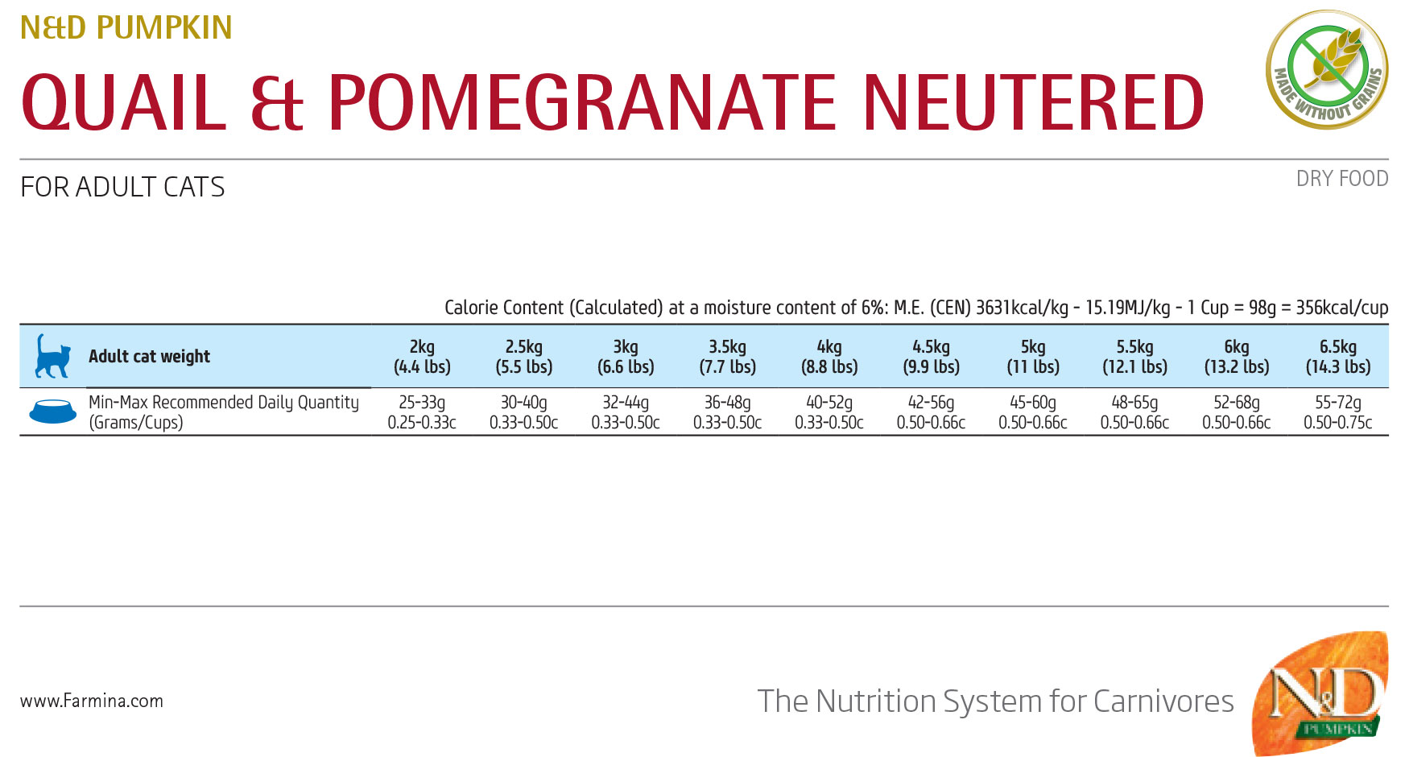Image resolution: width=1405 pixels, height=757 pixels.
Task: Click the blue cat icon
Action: click(53, 356)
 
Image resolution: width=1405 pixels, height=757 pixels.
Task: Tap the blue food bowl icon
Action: click(52, 412)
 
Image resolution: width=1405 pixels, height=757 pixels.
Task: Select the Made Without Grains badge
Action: click(1327, 69)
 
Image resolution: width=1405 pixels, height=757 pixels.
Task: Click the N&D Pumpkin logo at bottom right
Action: click(1320, 693)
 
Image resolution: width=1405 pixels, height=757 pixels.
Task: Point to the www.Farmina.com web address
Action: click(92, 701)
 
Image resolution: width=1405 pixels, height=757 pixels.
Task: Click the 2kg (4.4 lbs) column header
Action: click(422, 357)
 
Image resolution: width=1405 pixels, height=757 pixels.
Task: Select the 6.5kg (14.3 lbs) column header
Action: click(1338, 357)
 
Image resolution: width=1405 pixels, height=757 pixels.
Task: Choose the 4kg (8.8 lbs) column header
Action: click(829, 357)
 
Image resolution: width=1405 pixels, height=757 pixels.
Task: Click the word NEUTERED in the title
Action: click(1033, 102)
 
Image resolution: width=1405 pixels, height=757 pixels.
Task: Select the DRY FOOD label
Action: click(1342, 179)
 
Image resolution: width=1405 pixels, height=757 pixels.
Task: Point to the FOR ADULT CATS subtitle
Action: click(122, 187)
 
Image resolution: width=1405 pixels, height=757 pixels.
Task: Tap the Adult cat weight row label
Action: click(149, 356)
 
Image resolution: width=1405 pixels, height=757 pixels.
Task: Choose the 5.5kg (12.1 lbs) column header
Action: click(1134, 357)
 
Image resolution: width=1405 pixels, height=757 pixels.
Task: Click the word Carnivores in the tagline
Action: click(1163, 701)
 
